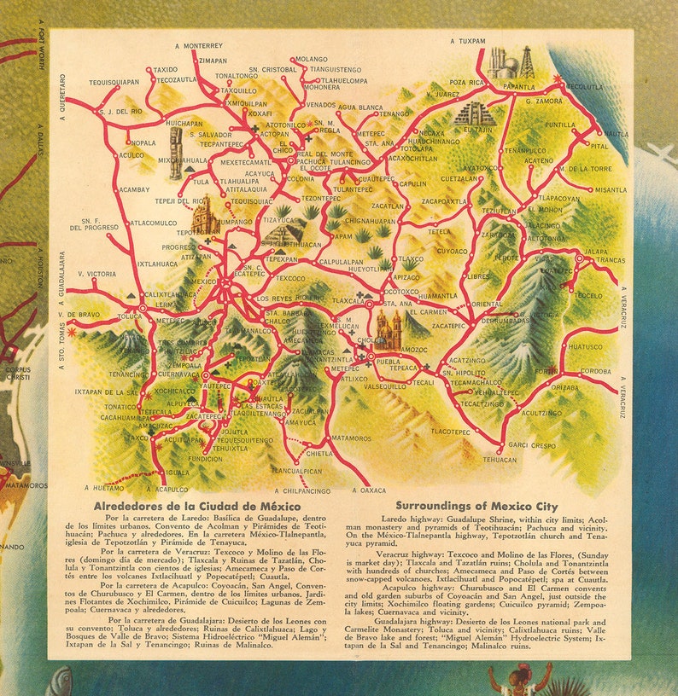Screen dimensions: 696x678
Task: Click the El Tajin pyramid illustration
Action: click(x=474, y=113)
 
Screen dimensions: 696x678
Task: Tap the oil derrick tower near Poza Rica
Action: click(x=526, y=62)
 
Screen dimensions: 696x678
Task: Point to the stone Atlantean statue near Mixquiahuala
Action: click(x=177, y=154)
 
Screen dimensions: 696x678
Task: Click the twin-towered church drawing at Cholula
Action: click(x=389, y=330)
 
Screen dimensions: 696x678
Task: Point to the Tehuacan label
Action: click(x=500, y=459)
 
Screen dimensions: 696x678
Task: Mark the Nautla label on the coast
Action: click(x=615, y=134)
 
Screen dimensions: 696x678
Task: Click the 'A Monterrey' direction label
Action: click(x=198, y=45)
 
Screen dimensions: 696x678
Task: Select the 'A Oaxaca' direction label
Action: click(x=368, y=490)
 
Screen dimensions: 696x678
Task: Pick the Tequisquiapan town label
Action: click(x=114, y=83)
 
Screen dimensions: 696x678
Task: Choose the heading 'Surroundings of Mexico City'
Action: click(x=476, y=506)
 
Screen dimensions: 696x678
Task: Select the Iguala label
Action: click(x=178, y=472)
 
